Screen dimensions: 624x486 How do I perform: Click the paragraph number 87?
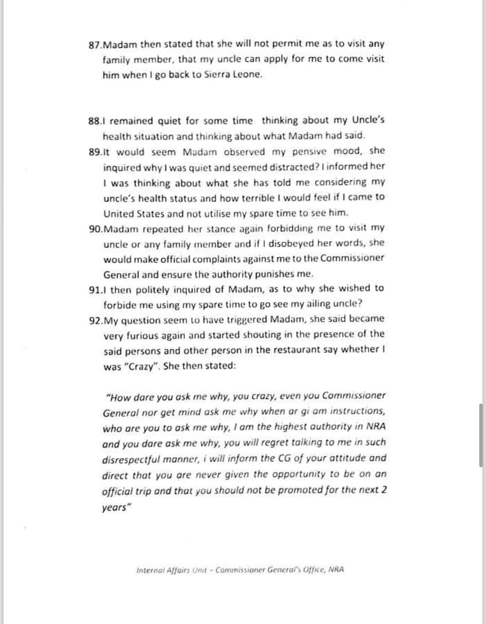pyautogui.click(x=95, y=45)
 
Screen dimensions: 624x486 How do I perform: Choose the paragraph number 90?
pyautogui.click(x=95, y=229)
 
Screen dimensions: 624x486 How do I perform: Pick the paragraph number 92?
pyautogui.click(x=95, y=321)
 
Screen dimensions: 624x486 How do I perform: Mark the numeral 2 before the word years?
pyautogui.click(x=384, y=489)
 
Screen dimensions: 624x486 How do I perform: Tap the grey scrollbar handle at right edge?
pyautogui.click(x=481, y=435)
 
